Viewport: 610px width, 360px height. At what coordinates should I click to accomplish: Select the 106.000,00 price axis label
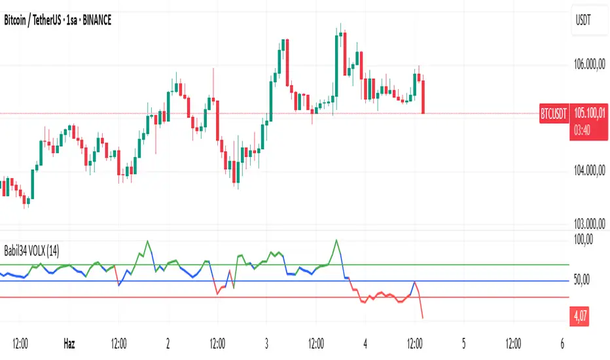click(587, 64)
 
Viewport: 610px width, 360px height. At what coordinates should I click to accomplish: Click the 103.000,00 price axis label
click(587, 223)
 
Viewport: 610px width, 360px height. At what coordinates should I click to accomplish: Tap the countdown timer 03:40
click(584, 130)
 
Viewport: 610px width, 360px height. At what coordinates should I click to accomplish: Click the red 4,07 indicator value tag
click(581, 317)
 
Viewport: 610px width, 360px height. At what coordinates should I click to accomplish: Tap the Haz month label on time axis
click(69, 342)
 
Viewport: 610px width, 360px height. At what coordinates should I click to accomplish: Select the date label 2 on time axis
click(168, 342)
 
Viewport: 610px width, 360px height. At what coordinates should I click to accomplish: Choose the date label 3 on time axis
click(267, 342)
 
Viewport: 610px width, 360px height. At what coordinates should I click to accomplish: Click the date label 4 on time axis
click(366, 342)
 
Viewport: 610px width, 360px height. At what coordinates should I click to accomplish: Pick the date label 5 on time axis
click(463, 342)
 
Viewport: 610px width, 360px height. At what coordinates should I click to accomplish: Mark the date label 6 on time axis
click(563, 342)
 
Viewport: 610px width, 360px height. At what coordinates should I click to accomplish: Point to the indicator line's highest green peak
click(337, 240)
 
